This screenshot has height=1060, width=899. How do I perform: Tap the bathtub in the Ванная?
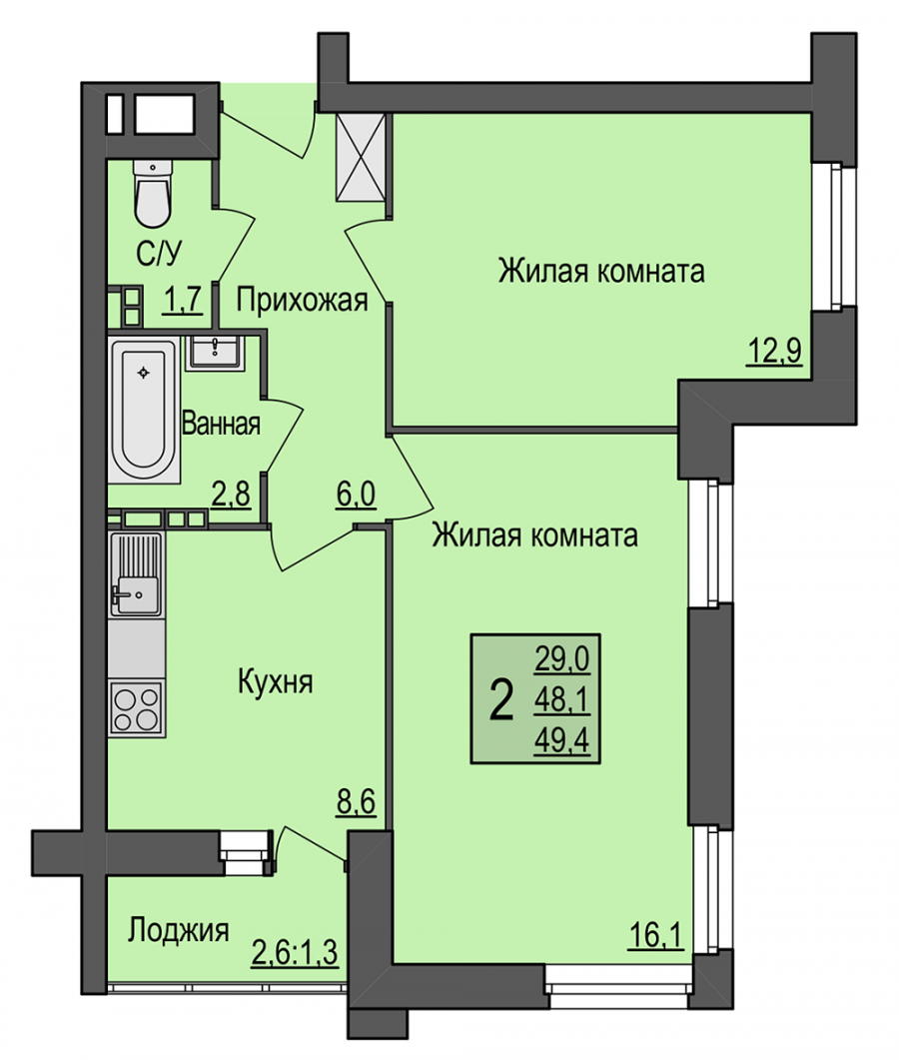pos(143,408)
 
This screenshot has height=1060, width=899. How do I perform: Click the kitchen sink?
pos(137,573)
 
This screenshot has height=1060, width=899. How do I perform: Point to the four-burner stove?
pos(137,708)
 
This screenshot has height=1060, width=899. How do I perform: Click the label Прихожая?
pos(302,300)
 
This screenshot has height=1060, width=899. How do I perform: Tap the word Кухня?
pos(275,682)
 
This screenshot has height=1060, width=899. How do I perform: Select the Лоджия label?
pos(179,930)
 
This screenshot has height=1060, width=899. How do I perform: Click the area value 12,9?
pos(774,351)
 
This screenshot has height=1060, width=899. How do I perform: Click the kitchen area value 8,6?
pos(356,804)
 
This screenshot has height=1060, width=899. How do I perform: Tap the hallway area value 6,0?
pos(356,495)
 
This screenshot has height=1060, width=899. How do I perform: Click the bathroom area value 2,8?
pos(231,495)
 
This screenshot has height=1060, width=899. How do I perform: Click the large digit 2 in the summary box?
pos(500,701)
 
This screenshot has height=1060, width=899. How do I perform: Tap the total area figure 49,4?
pos(561,741)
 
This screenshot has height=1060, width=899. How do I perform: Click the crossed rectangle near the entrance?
pos(361,158)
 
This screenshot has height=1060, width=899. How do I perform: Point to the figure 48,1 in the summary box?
pos(561,700)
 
